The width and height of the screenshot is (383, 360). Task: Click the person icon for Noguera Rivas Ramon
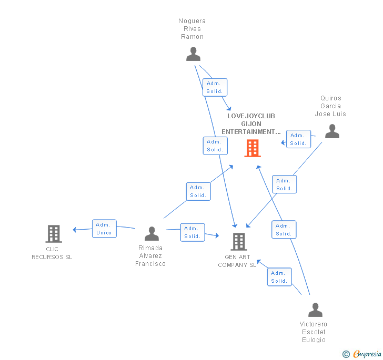click(193, 54)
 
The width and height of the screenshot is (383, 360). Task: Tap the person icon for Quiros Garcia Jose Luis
click(332, 131)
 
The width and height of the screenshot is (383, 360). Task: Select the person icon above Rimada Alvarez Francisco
click(152, 233)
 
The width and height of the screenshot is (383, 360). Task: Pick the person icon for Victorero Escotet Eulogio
click(315, 310)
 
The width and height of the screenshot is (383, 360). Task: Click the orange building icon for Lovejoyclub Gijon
click(252, 148)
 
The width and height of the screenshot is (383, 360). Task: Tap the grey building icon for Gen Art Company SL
click(238, 242)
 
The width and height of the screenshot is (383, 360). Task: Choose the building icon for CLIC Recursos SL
click(53, 233)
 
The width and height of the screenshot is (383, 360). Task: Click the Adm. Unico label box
click(104, 229)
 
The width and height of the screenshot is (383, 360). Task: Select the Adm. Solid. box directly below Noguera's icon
click(215, 87)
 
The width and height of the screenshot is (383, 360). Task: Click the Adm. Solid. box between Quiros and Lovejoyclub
click(298, 139)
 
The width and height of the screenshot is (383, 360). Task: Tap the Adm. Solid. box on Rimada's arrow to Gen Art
click(192, 232)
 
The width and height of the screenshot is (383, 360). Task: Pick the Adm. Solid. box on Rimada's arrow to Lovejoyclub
click(198, 191)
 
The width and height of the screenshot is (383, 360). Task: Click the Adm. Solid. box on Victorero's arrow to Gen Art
click(279, 277)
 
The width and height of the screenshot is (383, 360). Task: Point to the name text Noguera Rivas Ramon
click(192, 29)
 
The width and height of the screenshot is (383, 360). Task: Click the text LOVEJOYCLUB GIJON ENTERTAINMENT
click(251, 124)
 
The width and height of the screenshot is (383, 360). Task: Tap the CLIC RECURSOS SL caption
click(52, 253)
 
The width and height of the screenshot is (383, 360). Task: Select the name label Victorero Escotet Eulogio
click(314, 332)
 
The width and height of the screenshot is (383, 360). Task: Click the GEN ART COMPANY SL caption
click(237, 261)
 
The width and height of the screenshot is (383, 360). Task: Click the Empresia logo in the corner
click(362, 354)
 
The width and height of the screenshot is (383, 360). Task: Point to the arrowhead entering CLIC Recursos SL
click(75, 229)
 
